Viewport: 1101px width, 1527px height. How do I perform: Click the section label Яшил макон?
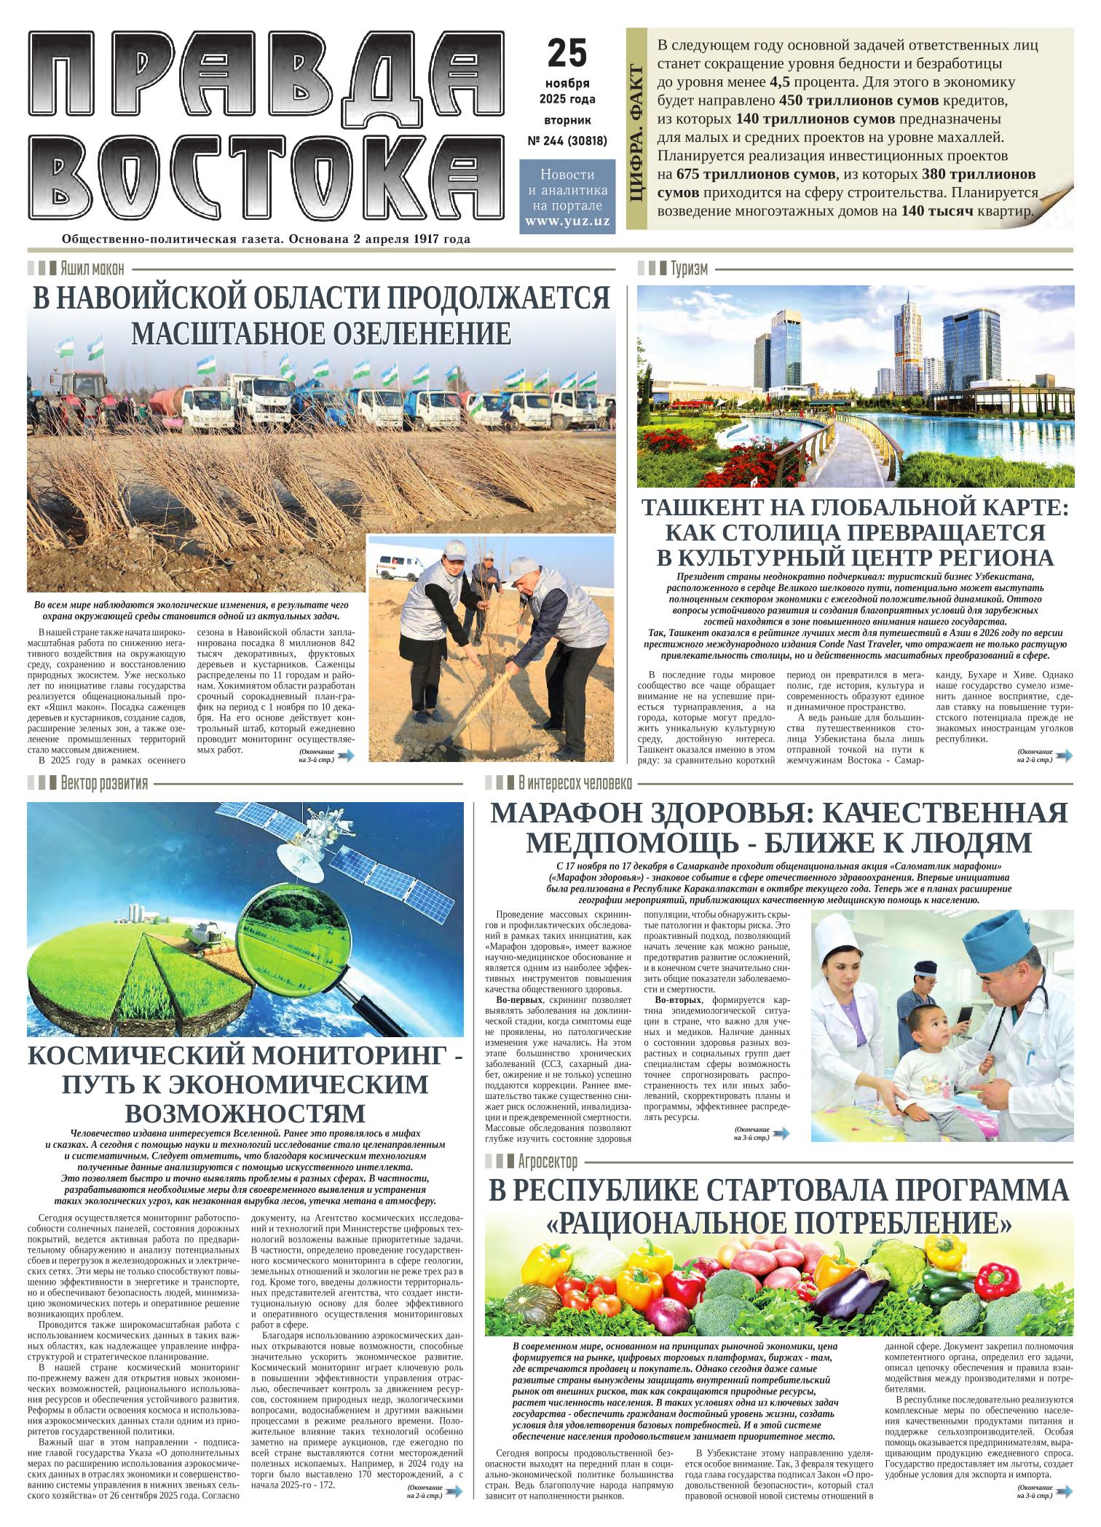pos(92,268)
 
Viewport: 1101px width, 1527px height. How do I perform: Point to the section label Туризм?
pos(689,268)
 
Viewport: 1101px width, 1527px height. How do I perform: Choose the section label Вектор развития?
pos(105,783)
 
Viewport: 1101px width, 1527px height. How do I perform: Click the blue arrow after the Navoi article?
pos(347,756)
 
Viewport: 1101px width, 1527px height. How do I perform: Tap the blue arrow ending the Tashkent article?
pos(1064,756)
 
